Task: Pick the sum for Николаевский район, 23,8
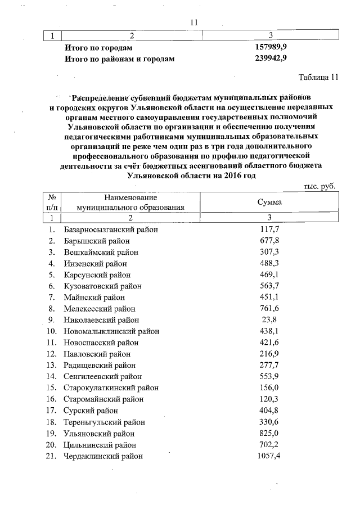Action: [x=271, y=320]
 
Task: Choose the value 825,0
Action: [x=270, y=433]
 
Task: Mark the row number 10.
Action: [x=52, y=331]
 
